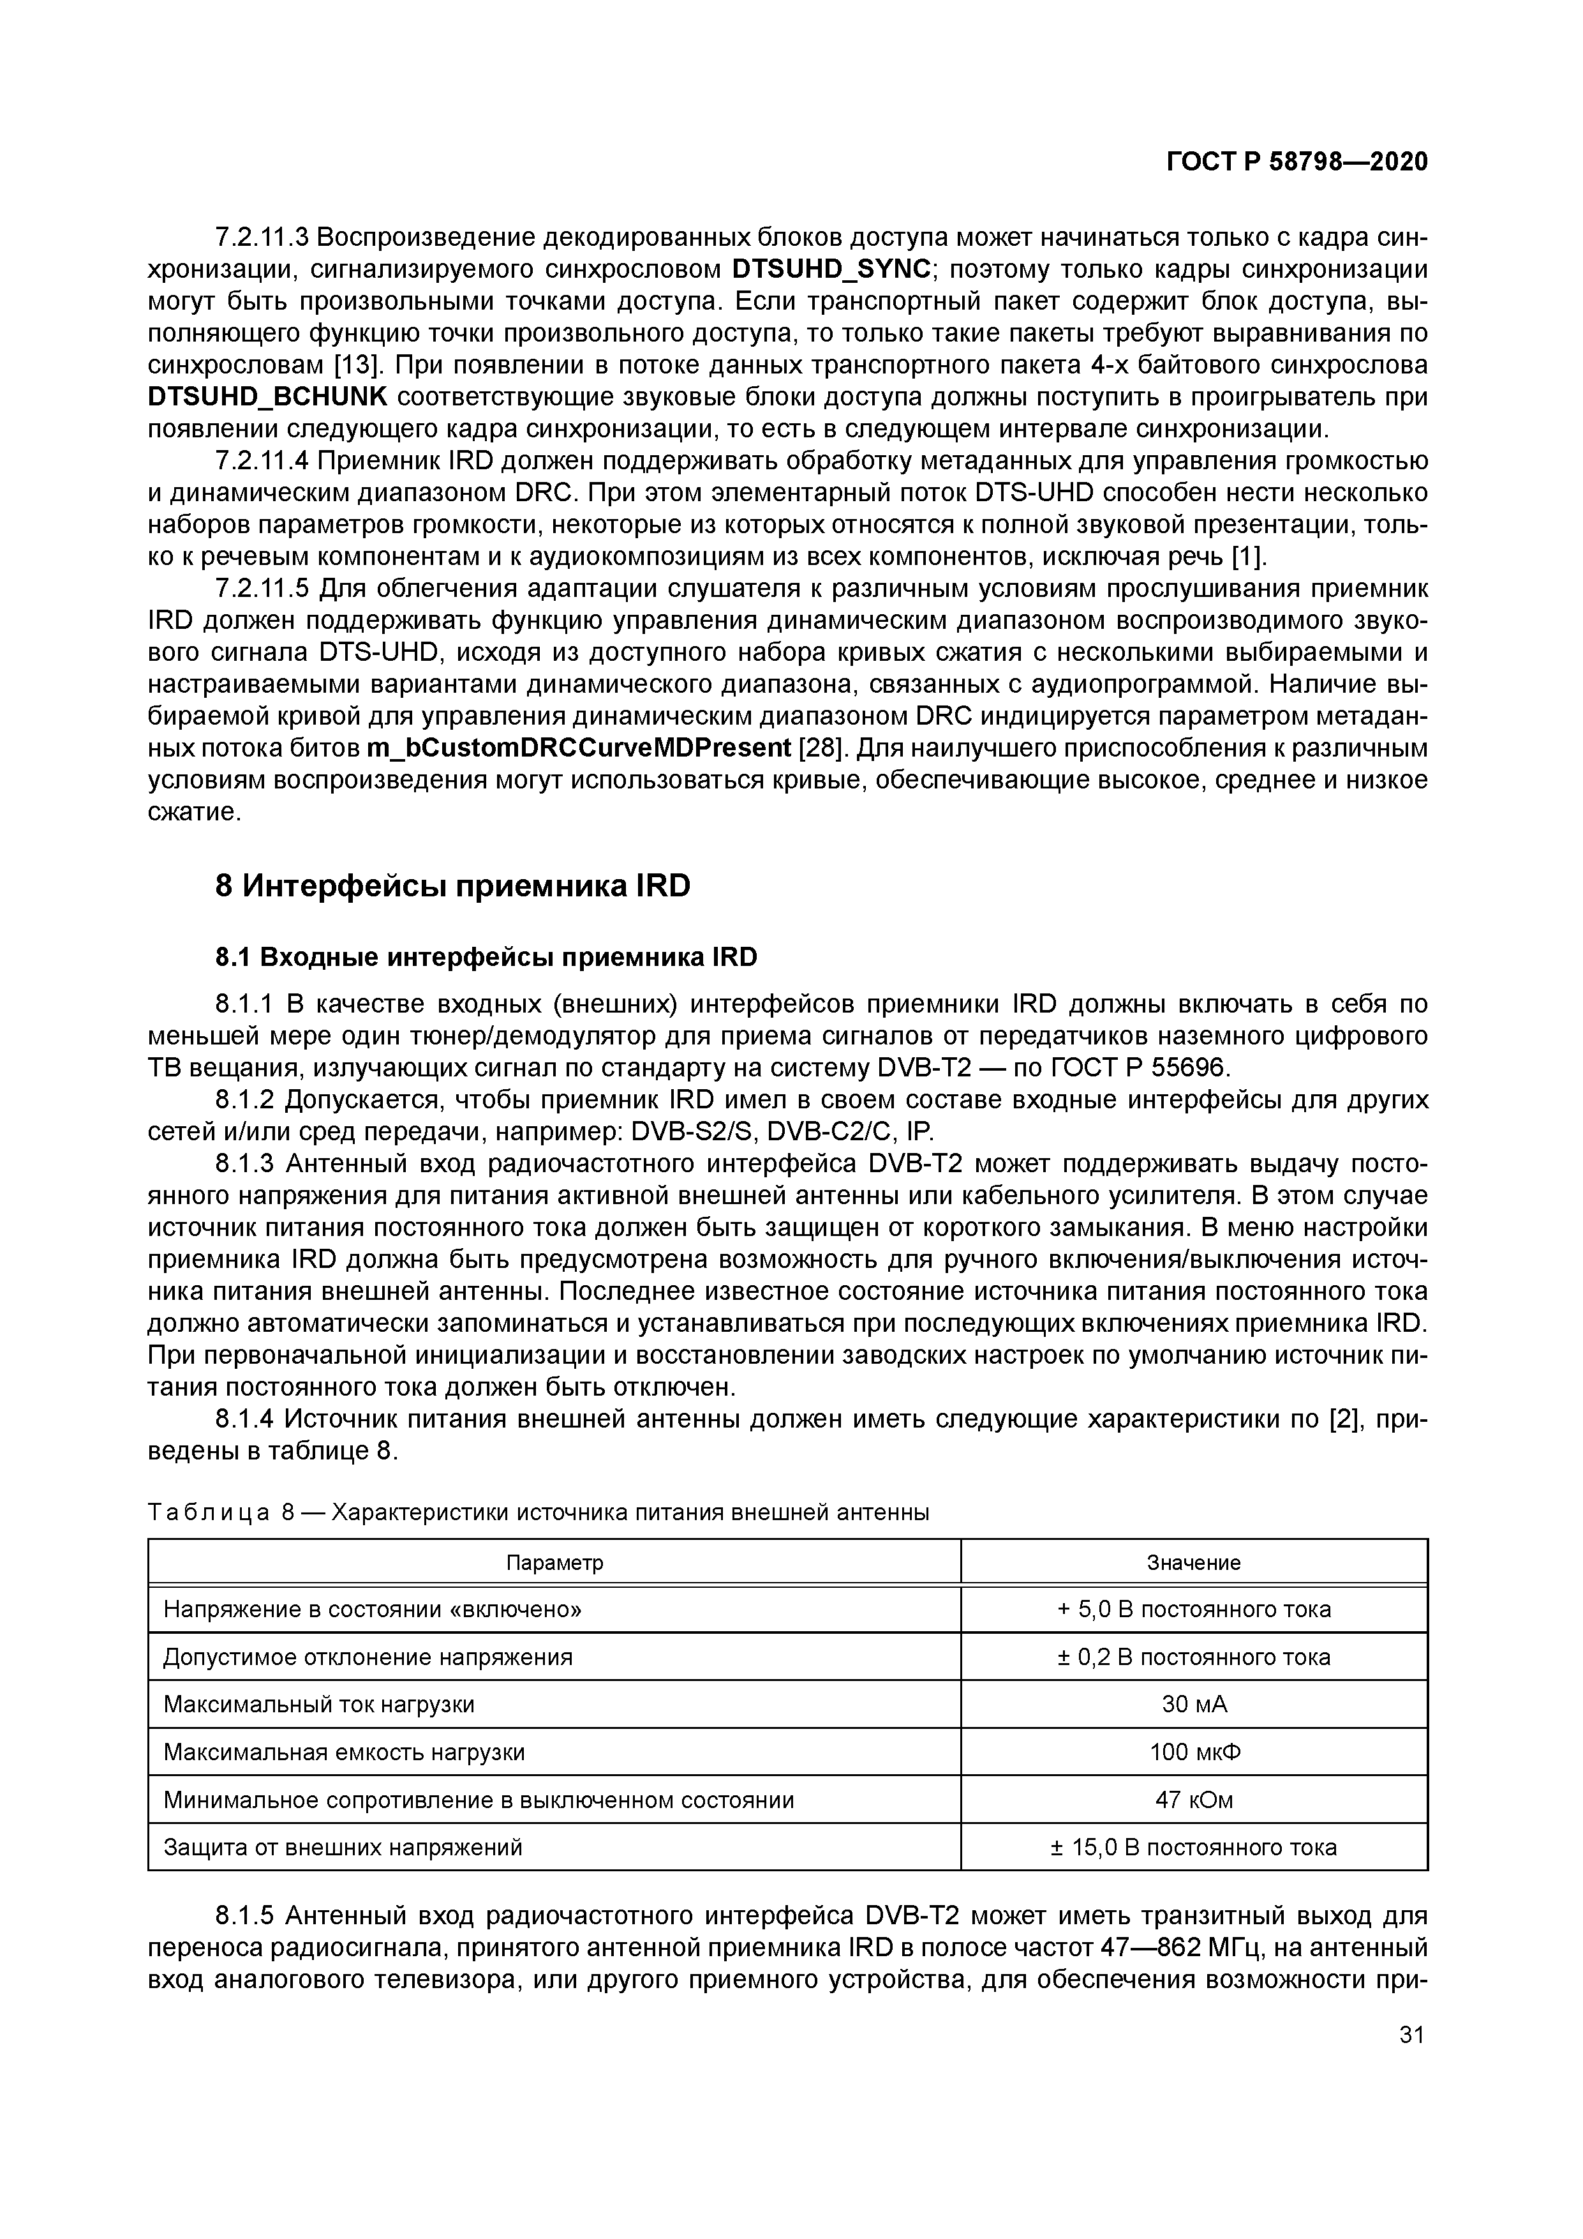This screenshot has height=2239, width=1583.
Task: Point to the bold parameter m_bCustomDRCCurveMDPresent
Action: tap(579, 748)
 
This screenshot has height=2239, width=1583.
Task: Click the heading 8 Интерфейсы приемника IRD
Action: tap(452, 886)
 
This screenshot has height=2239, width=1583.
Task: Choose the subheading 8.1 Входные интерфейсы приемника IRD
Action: tap(486, 958)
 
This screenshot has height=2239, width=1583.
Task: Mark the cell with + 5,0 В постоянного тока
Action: tap(1193, 1609)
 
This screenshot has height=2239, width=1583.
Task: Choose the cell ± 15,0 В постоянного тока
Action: tap(1193, 1847)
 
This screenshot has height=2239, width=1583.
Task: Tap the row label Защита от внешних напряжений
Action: tap(343, 1847)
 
